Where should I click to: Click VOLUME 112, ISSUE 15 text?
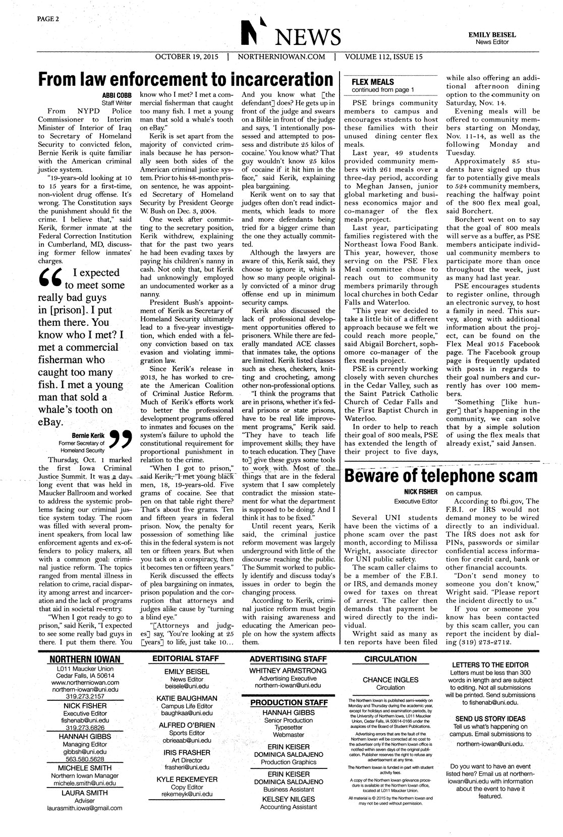383,57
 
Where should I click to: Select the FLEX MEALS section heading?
372,82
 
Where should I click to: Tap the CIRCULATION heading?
390,658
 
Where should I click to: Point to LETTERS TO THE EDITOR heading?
490,664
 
